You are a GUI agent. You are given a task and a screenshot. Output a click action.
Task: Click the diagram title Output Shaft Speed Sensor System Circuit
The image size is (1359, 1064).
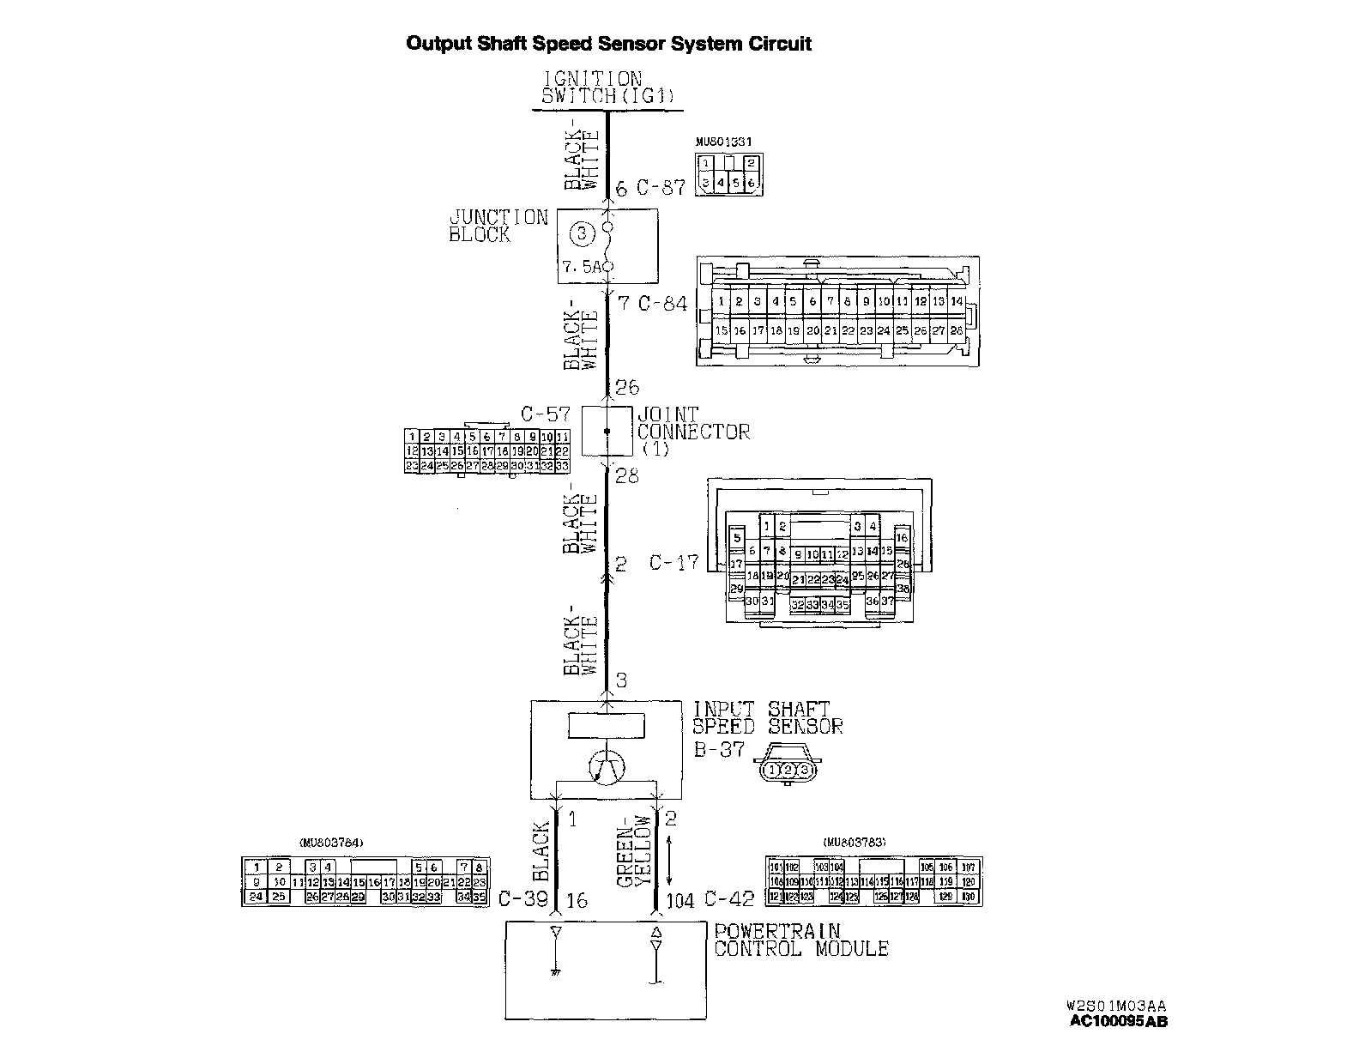click(608, 44)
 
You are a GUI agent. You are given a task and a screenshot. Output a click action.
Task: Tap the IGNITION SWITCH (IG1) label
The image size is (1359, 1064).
click(607, 88)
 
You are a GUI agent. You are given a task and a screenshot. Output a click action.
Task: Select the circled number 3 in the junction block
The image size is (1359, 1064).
click(582, 233)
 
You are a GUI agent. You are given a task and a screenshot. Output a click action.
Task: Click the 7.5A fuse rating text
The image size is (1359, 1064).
click(583, 267)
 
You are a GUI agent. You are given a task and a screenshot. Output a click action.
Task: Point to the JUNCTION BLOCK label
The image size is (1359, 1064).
click(498, 226)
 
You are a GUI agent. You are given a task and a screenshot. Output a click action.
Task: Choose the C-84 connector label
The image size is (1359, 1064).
click(662, 303)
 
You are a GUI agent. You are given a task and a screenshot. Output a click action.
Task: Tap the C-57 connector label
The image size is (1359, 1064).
click(546, 415)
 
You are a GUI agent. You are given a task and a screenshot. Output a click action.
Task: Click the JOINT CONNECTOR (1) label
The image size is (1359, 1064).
click(692, 432)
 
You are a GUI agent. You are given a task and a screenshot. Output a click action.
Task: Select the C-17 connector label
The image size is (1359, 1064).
click(673, 564)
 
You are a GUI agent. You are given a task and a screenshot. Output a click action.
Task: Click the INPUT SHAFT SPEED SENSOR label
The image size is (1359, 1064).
click(767, 718)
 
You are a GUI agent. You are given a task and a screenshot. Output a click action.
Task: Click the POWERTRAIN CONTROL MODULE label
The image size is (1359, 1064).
click(800, 940)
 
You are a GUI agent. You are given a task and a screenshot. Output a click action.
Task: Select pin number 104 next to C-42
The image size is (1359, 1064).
click(679, 900)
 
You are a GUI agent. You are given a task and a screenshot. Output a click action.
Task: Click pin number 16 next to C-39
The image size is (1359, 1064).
click(577, 900)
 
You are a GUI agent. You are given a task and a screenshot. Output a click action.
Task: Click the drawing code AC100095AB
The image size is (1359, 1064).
click(1118, 1021)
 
